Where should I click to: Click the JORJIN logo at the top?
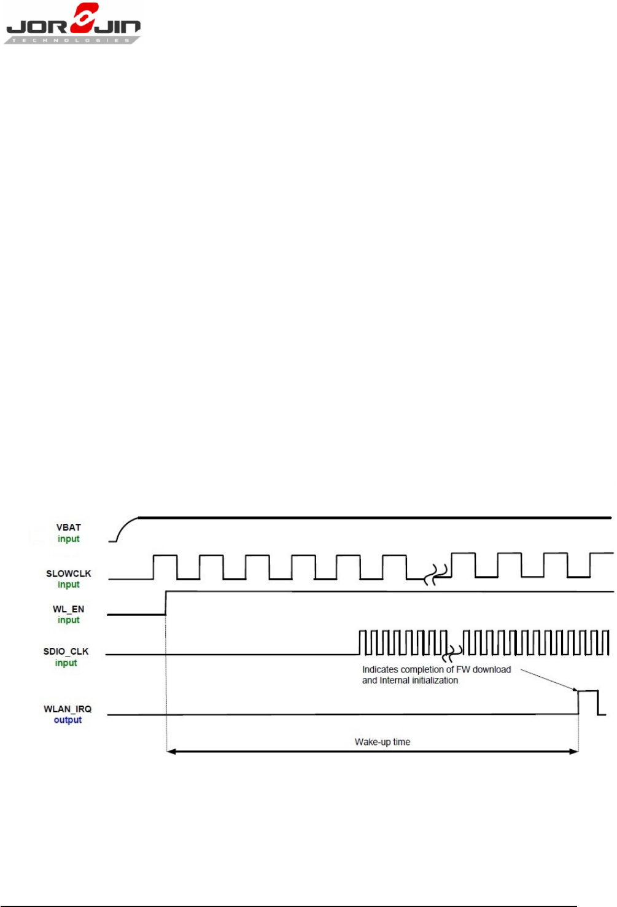73,25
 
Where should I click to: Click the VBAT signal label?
69,527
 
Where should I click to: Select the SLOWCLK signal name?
68,574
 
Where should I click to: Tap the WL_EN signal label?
68,609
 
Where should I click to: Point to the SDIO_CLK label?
66,652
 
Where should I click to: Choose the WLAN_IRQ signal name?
68,709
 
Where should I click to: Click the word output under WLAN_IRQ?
68,720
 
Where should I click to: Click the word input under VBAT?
69,539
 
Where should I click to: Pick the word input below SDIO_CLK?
66,663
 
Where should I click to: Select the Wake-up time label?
382,742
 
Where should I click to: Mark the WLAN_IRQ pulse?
588,702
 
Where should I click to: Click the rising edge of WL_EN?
166,603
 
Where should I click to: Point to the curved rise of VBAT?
125,527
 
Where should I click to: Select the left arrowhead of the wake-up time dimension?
171,751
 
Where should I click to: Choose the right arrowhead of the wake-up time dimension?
574,751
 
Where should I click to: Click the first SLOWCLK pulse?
165,566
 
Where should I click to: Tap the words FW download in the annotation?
483,669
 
